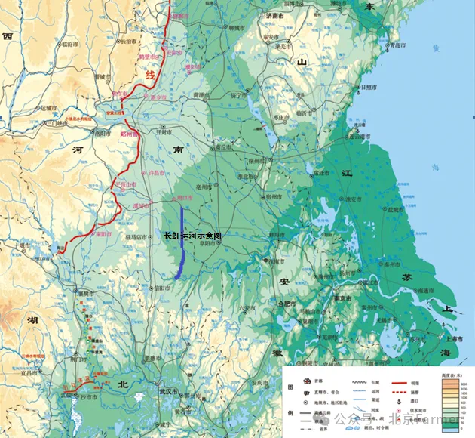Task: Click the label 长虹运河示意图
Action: [x=194, y=236]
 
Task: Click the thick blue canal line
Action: [x=182, y=242]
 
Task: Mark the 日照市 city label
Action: [x=371, y=88]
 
